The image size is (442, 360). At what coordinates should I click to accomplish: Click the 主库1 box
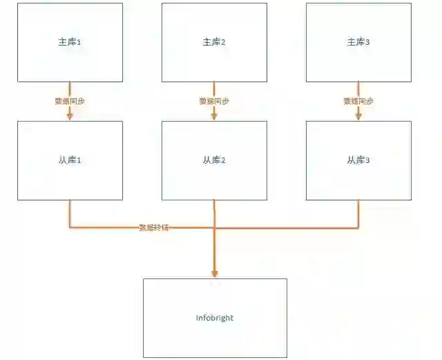point(70,43)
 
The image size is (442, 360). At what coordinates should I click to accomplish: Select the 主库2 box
point(214,43)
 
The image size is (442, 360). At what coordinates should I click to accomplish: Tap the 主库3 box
point(358,43)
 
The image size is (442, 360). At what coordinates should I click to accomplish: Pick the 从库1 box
point(70,160)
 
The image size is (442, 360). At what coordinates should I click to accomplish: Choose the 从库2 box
point(214,160)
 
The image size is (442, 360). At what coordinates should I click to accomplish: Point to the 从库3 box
point(358,160)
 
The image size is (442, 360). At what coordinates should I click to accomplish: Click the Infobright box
point(215,318)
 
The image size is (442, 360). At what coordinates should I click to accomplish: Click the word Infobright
point(215,318)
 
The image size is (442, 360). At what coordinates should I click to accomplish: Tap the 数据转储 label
point(153,227)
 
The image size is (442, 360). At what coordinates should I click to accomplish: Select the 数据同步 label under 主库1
point(70,101)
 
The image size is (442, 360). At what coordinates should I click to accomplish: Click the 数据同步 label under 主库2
point(214,101)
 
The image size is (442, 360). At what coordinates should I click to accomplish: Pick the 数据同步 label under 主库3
point(358,101)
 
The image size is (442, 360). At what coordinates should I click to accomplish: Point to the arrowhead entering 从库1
point(70,117)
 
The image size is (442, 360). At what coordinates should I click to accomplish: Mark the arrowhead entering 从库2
point(214,117)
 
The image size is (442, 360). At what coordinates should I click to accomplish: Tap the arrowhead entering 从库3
point(358,117)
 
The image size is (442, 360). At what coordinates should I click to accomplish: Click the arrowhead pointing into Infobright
point(215,274)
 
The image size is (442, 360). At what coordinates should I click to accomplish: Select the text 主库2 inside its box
point(214,43)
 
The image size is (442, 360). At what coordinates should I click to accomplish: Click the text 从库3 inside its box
point(358,160)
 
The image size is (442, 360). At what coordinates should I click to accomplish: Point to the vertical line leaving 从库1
point(70,213)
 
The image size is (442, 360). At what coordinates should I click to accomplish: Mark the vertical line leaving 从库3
point(358,213)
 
